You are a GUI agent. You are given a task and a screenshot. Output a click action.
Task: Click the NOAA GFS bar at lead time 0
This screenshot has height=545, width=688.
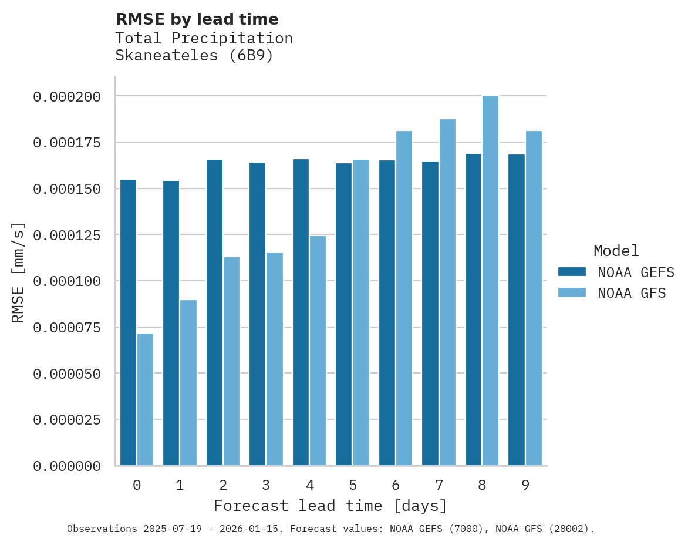point(145,399)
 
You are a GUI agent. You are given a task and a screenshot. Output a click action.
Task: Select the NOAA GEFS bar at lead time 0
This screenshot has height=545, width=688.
point(128,322)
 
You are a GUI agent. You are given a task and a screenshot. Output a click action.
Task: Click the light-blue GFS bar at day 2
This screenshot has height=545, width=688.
point(231,361)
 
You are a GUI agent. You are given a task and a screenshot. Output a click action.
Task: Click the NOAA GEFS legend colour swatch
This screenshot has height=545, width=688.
point(572,272)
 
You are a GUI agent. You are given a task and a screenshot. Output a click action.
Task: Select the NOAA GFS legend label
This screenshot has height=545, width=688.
point(632,292)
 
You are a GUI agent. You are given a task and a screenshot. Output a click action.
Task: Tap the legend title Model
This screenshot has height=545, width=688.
point(616,251)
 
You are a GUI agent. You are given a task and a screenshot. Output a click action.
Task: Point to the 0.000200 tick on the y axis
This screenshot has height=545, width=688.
point(66,96)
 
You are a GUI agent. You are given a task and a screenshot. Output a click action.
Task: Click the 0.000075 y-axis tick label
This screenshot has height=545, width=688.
point(66,327)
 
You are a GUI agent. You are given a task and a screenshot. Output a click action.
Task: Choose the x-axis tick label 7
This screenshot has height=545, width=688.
point(439,485)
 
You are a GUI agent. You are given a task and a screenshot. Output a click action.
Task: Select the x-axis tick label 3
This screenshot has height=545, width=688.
point(266,485)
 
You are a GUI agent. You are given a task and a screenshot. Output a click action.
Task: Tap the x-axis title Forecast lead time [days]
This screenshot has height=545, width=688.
point(330,506)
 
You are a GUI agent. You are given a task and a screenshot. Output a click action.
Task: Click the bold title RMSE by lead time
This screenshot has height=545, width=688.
point(197,19)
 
